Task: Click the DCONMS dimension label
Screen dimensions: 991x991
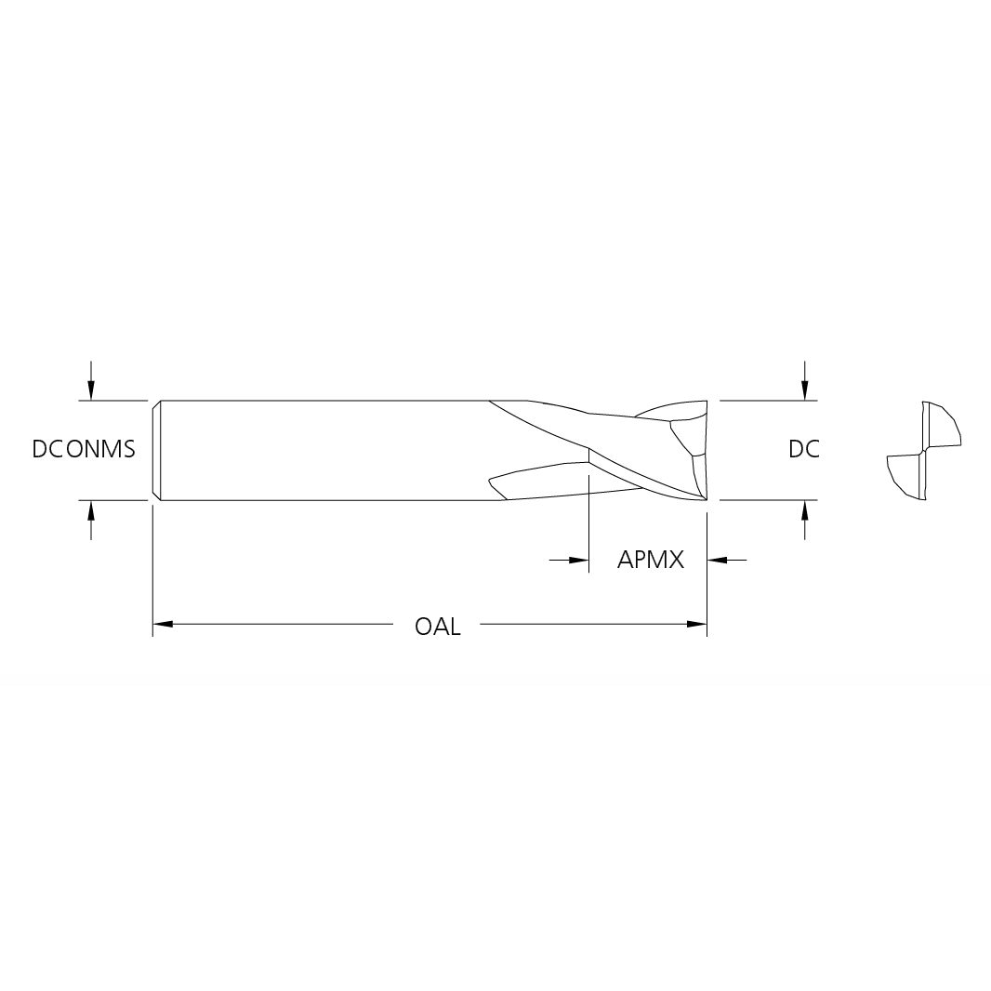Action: pyautogui.click(x=84, y=449)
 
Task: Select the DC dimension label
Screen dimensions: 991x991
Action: pyautogui.click(x=804, y=449)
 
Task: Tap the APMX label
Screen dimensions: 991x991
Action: pyautogui.click(x=651, y=560)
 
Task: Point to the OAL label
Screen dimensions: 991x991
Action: pyautogui.click(x=437, y=627)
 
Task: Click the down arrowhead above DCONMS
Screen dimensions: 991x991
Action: pyautogui.click(x=91, y=391)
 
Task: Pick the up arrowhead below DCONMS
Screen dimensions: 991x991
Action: pyautogui.click(x=91, y=510)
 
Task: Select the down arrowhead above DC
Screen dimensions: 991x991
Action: pyautogui.click(x=804, y=391)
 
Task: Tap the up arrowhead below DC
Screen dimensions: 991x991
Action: pyautogui.click(x=804, y=510)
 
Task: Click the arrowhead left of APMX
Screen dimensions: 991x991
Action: pyautogui.click(x=579, y=560)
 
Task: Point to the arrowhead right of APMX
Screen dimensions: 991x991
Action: pyautogui.click(x=717, y=560)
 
